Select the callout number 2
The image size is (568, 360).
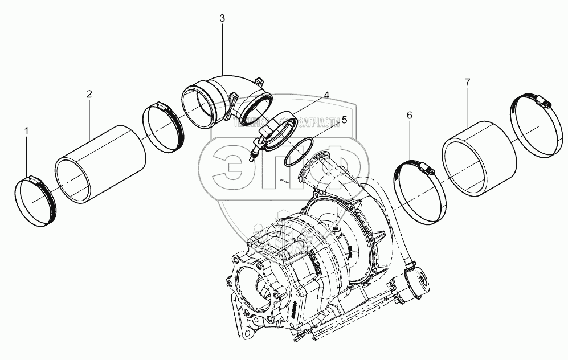pos(89,94)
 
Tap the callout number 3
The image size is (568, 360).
pos(222,18)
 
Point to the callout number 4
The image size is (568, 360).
pos(326,95)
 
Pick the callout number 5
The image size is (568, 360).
pos(343,120)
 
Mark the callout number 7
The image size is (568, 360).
pos(467,83)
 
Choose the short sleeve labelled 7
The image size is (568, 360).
pos(479,159)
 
